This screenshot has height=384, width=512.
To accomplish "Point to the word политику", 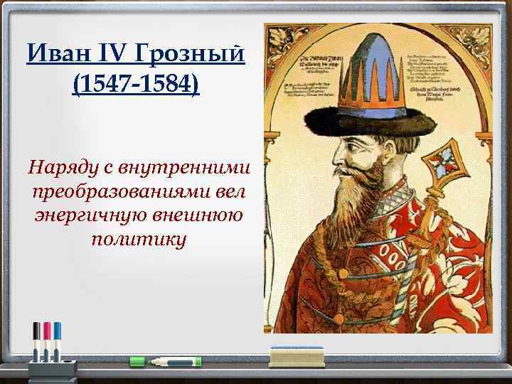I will pos(138,240).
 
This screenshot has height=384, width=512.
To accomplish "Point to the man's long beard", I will pos(360,206).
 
